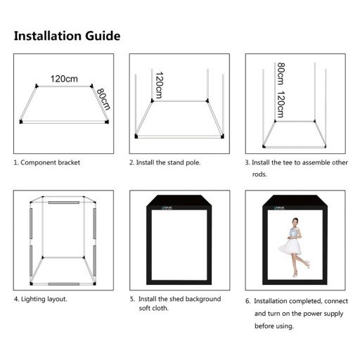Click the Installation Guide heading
[67, 36]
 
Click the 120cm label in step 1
[64, 79]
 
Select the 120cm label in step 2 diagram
[160, 85]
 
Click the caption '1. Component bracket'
[47, 162]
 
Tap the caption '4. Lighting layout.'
[41, 299]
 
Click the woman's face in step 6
[294, 222]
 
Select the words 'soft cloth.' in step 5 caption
[154, 309]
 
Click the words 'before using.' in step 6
[274, 326]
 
